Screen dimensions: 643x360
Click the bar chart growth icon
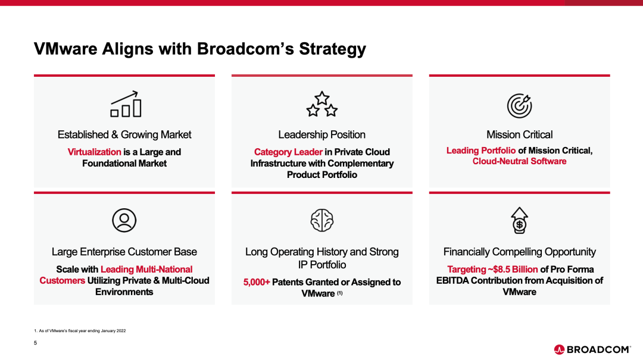pyautogui.click(x=126, y=104)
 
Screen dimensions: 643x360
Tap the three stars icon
pyautogui.click(x=322, y=104)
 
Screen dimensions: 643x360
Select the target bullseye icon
pyautogui.click(x=519, y=106)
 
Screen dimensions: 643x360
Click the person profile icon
pyautogui.click(x=124, y=221)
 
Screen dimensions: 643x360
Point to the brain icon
pyautogui.click(x=322, y=220)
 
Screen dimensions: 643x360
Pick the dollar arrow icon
pyautogui.click(x=519, y=220)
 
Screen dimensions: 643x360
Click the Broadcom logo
pyautogui.click(x=592, y=349)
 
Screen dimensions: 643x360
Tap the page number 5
pyautogui.click(x=35, y=343)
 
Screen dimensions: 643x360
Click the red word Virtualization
pyautogui.click(x=94, y=152)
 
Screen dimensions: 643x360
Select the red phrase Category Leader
pyautogui.click(x=288, y=152)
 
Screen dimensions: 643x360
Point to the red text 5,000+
pyautogui.click(x=257, y=282)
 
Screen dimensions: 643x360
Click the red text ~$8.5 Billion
pyautogui.click(x=513, y=270)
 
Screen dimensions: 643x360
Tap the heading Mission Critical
pyautogui.click(x=519, y=134)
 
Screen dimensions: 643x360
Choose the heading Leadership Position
pyautogui.click(x=322, y=134)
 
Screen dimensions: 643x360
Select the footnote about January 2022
pyautogui.click(x=80, y=330)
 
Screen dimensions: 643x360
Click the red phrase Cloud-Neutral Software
pyautogui.click(x=519, y=161)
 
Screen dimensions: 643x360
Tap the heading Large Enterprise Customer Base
pyautogui.click(x=124, y=252)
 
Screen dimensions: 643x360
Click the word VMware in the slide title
pyautogui.click(x=65, y=49)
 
